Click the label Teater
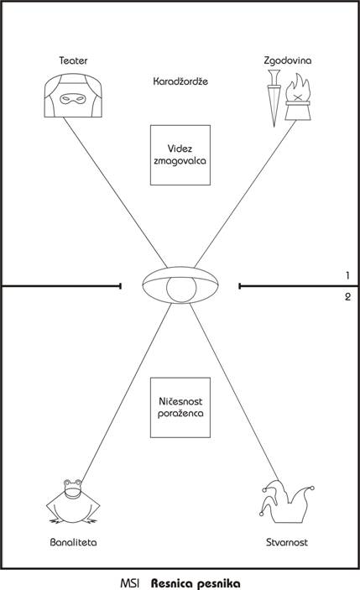click(x=73, y=60)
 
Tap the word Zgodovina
click(x=287, y=60)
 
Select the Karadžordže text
click(x=180, y=81)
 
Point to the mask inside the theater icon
click(x=73, y=99)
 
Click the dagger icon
click(x=274, y=98)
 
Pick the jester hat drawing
click(x=287, y=502)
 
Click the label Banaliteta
click(x=73, y=542)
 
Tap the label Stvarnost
click(x=287, y=542)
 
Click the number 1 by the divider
click(x=347, y=276)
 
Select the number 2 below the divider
click(x=347, y=297)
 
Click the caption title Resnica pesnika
click(x=196, y=583)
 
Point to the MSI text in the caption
click(x=130, y=583)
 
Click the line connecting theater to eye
click(x=115, y=193)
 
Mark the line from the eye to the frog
click(x=127, y=391)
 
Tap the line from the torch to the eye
click(x=245, y=194)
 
